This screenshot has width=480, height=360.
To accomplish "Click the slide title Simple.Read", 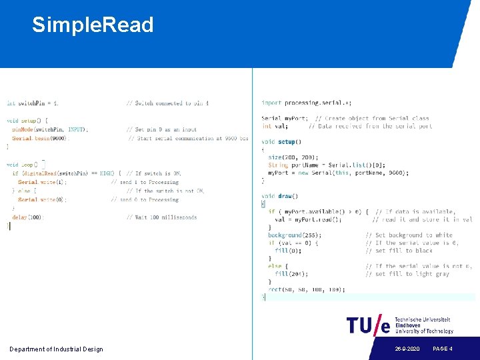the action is [93, 25].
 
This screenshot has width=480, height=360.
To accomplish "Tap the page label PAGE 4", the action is [443, 349].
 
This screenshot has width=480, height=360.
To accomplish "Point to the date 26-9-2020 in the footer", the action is [407, 349].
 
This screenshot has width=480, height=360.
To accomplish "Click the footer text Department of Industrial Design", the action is [56, 349].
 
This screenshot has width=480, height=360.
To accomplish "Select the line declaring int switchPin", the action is [33, 103].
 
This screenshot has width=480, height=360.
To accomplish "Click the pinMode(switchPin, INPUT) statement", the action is [50, 129].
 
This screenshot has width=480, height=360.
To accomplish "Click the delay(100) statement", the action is [27, 217].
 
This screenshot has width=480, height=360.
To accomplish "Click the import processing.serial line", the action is [306, 103].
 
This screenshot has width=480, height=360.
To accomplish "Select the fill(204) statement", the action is [291, 274].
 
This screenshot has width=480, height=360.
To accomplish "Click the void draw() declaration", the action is [280, 196].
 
